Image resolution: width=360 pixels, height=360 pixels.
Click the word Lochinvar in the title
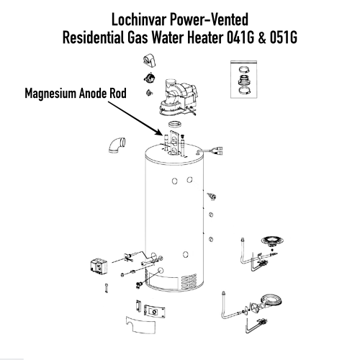coord(139,19)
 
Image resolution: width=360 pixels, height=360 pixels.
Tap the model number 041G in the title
coord(240,37)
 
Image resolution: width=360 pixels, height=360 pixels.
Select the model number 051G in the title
coord(283,37)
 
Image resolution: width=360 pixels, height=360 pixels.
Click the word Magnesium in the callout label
coord(50,94)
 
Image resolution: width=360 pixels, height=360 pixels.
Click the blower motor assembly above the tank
coord(178,97)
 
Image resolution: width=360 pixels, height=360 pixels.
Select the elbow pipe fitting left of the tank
coord(117,145)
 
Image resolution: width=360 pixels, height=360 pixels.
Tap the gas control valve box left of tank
coord(99,266)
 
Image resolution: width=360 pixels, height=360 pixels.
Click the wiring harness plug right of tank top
coord(210,151)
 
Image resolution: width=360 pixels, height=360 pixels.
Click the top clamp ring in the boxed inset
coord(244,70)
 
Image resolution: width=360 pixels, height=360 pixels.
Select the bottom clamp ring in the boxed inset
coord(244,91)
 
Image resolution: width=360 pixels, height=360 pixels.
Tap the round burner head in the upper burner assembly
coord(272,240)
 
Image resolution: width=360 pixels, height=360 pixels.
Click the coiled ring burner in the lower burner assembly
coord(271,300)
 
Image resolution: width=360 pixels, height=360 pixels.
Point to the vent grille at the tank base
coord(189,282)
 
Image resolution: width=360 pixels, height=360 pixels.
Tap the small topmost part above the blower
coord(149,60)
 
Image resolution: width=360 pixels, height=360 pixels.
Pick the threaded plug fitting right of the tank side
coord(212,197)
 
